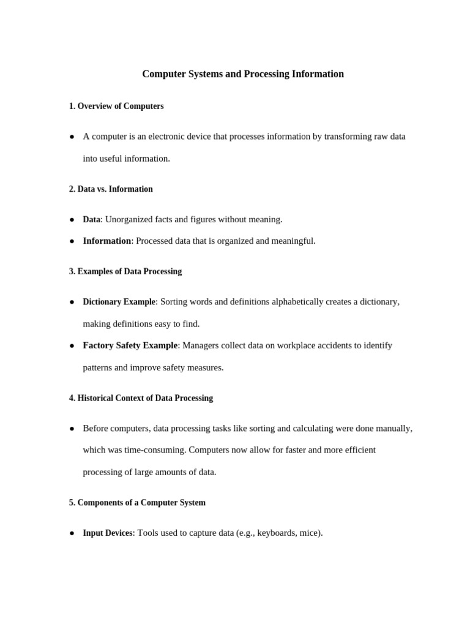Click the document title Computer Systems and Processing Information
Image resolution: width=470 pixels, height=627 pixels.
tap(243, 74)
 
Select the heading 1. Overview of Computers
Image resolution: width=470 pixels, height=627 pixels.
tap(116, 106)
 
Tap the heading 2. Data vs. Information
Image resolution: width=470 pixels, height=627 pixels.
tap(111, 189)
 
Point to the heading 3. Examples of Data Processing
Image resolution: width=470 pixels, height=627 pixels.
tap(125, 271)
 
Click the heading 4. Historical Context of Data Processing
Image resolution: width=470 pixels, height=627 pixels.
tap(141, 398)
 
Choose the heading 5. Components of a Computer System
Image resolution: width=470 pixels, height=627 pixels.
tap(137, 503)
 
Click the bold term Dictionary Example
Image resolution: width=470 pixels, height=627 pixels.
tap(119, 302)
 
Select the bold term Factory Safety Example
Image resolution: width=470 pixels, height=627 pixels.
tap(130, 345)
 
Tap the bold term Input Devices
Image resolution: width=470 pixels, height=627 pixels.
tap(108, 533)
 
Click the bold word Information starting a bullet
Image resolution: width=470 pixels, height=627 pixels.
tap(107, 241)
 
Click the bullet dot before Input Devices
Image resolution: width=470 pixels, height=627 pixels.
tap(72, 533)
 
